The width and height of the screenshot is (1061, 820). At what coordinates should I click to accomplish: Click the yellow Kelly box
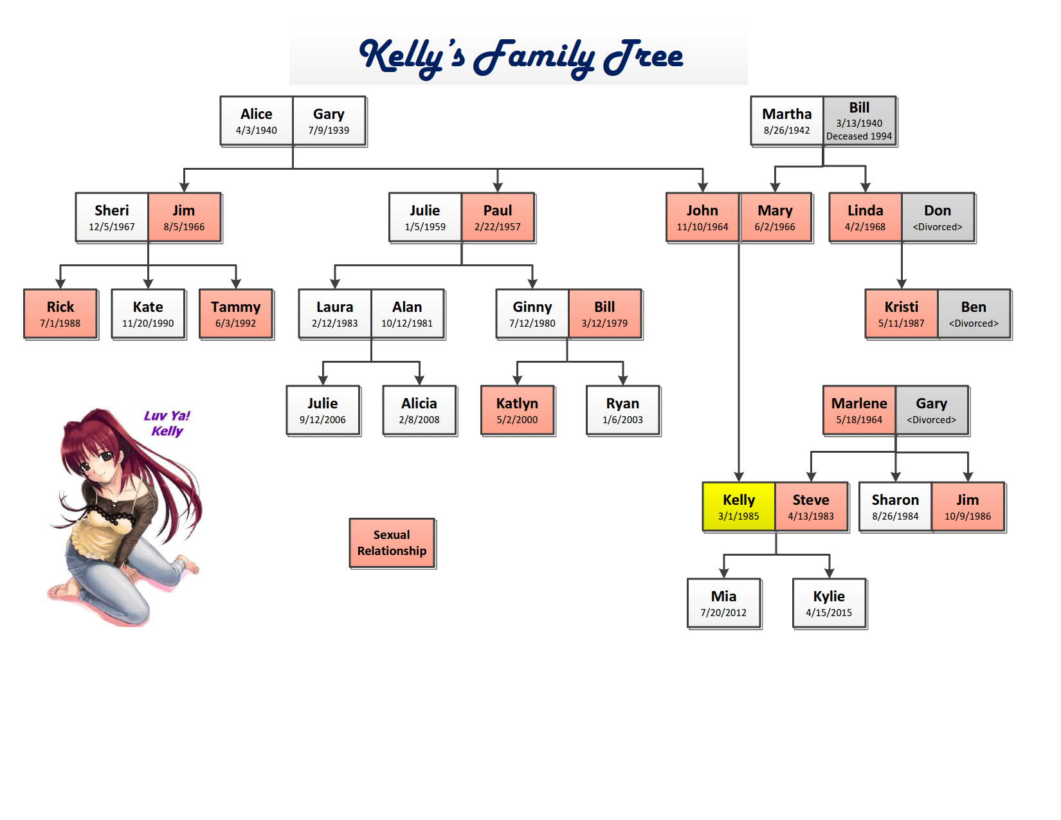(738, 507)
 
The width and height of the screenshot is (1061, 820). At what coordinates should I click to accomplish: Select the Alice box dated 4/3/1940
(256, 121)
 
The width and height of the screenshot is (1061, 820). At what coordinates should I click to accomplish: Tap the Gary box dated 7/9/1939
(329, 121)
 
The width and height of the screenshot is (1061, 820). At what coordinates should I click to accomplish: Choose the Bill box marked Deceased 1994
(859, 121)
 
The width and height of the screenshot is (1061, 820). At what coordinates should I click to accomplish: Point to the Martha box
(786, 121)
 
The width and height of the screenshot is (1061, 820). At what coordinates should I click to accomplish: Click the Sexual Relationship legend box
(392, 543)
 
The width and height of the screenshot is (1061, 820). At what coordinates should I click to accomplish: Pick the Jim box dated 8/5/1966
(184, 217)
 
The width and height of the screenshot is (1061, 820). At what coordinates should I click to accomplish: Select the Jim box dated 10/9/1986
(967, 507)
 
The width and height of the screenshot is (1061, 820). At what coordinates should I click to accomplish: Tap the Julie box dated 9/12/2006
(322, 410)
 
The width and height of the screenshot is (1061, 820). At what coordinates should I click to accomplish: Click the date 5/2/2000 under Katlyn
(517, 420)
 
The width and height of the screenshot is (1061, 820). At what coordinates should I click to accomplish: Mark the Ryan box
(622, 410)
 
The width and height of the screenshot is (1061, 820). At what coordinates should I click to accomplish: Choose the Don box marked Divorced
(938, 217)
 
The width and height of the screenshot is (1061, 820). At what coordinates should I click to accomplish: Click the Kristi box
(901, 314)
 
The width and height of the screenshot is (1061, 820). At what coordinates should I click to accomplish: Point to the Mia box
(723, 603)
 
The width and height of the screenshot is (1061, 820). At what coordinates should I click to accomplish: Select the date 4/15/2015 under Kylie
(829, 613)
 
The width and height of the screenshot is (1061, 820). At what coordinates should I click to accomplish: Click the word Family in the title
(534, 57)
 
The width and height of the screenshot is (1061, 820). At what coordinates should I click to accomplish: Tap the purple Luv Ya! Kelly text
(167, 423)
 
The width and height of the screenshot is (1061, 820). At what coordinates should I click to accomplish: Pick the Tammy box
(235, 314)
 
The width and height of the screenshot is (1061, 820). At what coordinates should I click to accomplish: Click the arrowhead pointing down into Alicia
(419, 381)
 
